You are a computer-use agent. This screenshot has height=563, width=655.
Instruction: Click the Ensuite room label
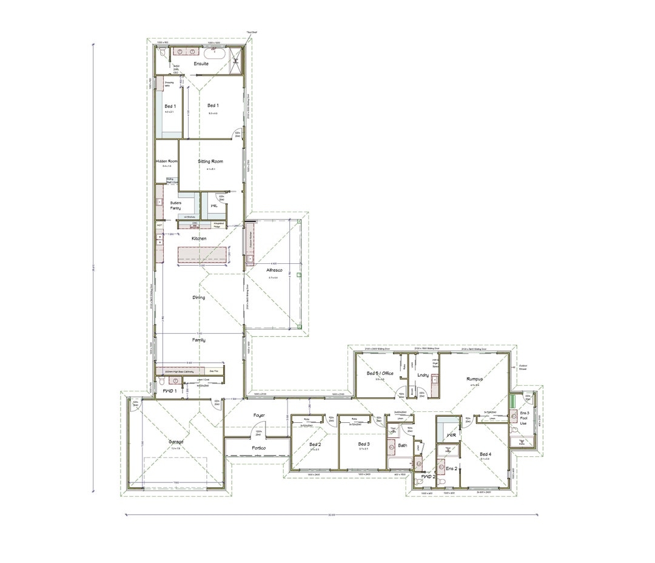click(x=201, y=64)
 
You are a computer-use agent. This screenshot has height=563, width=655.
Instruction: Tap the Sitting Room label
click(x=210, y=162)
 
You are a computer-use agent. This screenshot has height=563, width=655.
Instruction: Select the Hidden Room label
click(x=166, y=161)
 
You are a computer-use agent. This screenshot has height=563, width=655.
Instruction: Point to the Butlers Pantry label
click(x=176, y=206)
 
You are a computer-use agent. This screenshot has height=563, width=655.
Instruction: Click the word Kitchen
click(x=199, y=239)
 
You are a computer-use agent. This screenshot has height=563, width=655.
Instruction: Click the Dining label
click(x=199, y=298)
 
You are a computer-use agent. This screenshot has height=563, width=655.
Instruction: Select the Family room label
click(x=199, y=340)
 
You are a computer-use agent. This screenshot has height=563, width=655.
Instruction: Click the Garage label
click(x=176, y=442)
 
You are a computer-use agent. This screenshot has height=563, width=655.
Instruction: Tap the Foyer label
click(x=258, y=416)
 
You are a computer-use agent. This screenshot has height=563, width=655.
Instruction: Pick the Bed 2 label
click(x=315, y=445)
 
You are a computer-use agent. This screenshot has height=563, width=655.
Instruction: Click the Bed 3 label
click(x=363, y=445)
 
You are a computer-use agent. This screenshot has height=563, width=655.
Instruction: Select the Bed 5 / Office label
click(x=381, y=374)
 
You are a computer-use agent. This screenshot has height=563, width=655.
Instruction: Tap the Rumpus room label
click(x=474, y=379)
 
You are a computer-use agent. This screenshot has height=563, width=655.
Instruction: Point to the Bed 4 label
click(x=485, y=454)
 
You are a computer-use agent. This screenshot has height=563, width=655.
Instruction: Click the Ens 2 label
click(x=451, y=469)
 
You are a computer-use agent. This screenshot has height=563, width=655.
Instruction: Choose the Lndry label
click(x=423, y=376)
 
